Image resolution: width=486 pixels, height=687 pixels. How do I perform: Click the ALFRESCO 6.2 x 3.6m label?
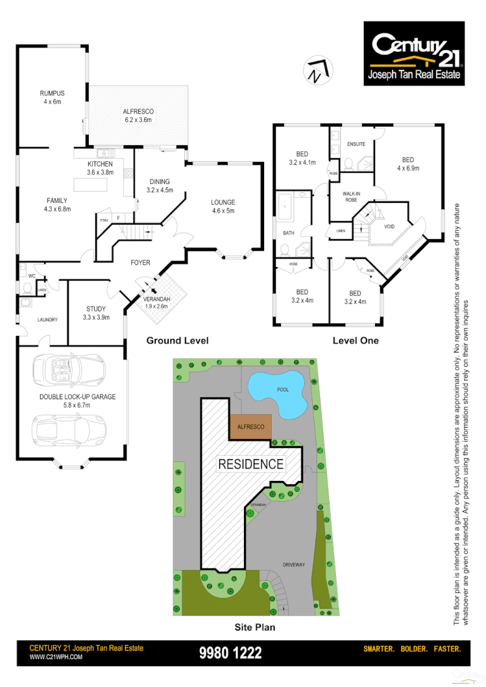pyautogui.click(x=138, y=115)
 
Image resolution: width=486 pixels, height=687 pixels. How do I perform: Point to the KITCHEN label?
pyautogui.click(x=101, y=169)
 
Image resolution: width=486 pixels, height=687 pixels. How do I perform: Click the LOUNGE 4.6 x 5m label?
pyautogui.click(x=223, y=206)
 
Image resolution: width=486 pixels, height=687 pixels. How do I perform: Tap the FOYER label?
pyautogui.click(x=140, y=262)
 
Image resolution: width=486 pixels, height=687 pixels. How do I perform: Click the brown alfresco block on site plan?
pyautogui.click(x=251, y=427)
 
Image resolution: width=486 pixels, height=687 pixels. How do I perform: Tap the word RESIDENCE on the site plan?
pyautogui.click(x=250, y=464)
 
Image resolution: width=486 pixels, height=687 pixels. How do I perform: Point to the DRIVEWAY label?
pyautogui.click(x=294, y=565)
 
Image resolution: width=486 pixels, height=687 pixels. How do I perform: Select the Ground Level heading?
pyautogui.click(x=177, y=340)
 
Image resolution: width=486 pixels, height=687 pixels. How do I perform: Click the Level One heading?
pyautogui.click(x=356, y=340)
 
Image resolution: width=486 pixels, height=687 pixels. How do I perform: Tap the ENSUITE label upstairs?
pyautogui.click(x=356, y=144)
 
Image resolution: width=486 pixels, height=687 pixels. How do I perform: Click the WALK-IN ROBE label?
pyautogui.click(x=351, y=196)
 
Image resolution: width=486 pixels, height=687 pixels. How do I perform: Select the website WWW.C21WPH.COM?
pyautogui.click(x=56, y=657)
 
